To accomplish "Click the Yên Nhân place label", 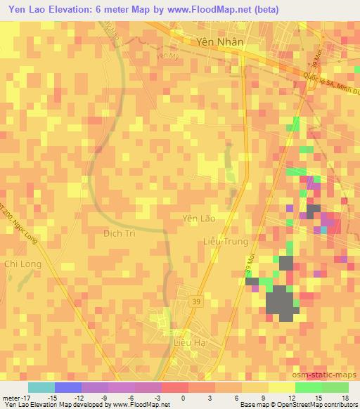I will (220, 41).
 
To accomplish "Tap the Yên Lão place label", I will (199, 219).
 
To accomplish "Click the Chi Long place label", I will (22, 264).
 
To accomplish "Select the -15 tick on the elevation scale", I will (52, 397).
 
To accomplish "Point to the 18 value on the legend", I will (346, 397).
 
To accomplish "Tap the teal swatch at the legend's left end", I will (41, 387).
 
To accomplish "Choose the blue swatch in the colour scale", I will (67, 387).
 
